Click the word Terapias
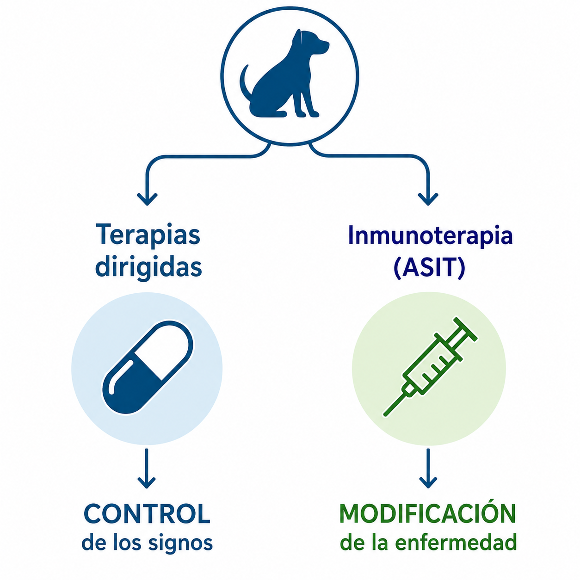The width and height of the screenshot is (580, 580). coord(148,235)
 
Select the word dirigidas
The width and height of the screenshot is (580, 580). coord(148,268)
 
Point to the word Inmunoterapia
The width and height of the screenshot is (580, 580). coord(430,235)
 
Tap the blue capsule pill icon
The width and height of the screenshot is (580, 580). coord(148,368)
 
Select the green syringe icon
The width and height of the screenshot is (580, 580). coord(430,366)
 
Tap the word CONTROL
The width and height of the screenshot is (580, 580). coord(147,514)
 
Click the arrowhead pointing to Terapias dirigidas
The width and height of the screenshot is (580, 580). coord(147,198)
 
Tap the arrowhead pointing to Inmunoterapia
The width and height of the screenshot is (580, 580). coord(428,198)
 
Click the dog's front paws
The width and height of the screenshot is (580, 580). coord(307,113)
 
